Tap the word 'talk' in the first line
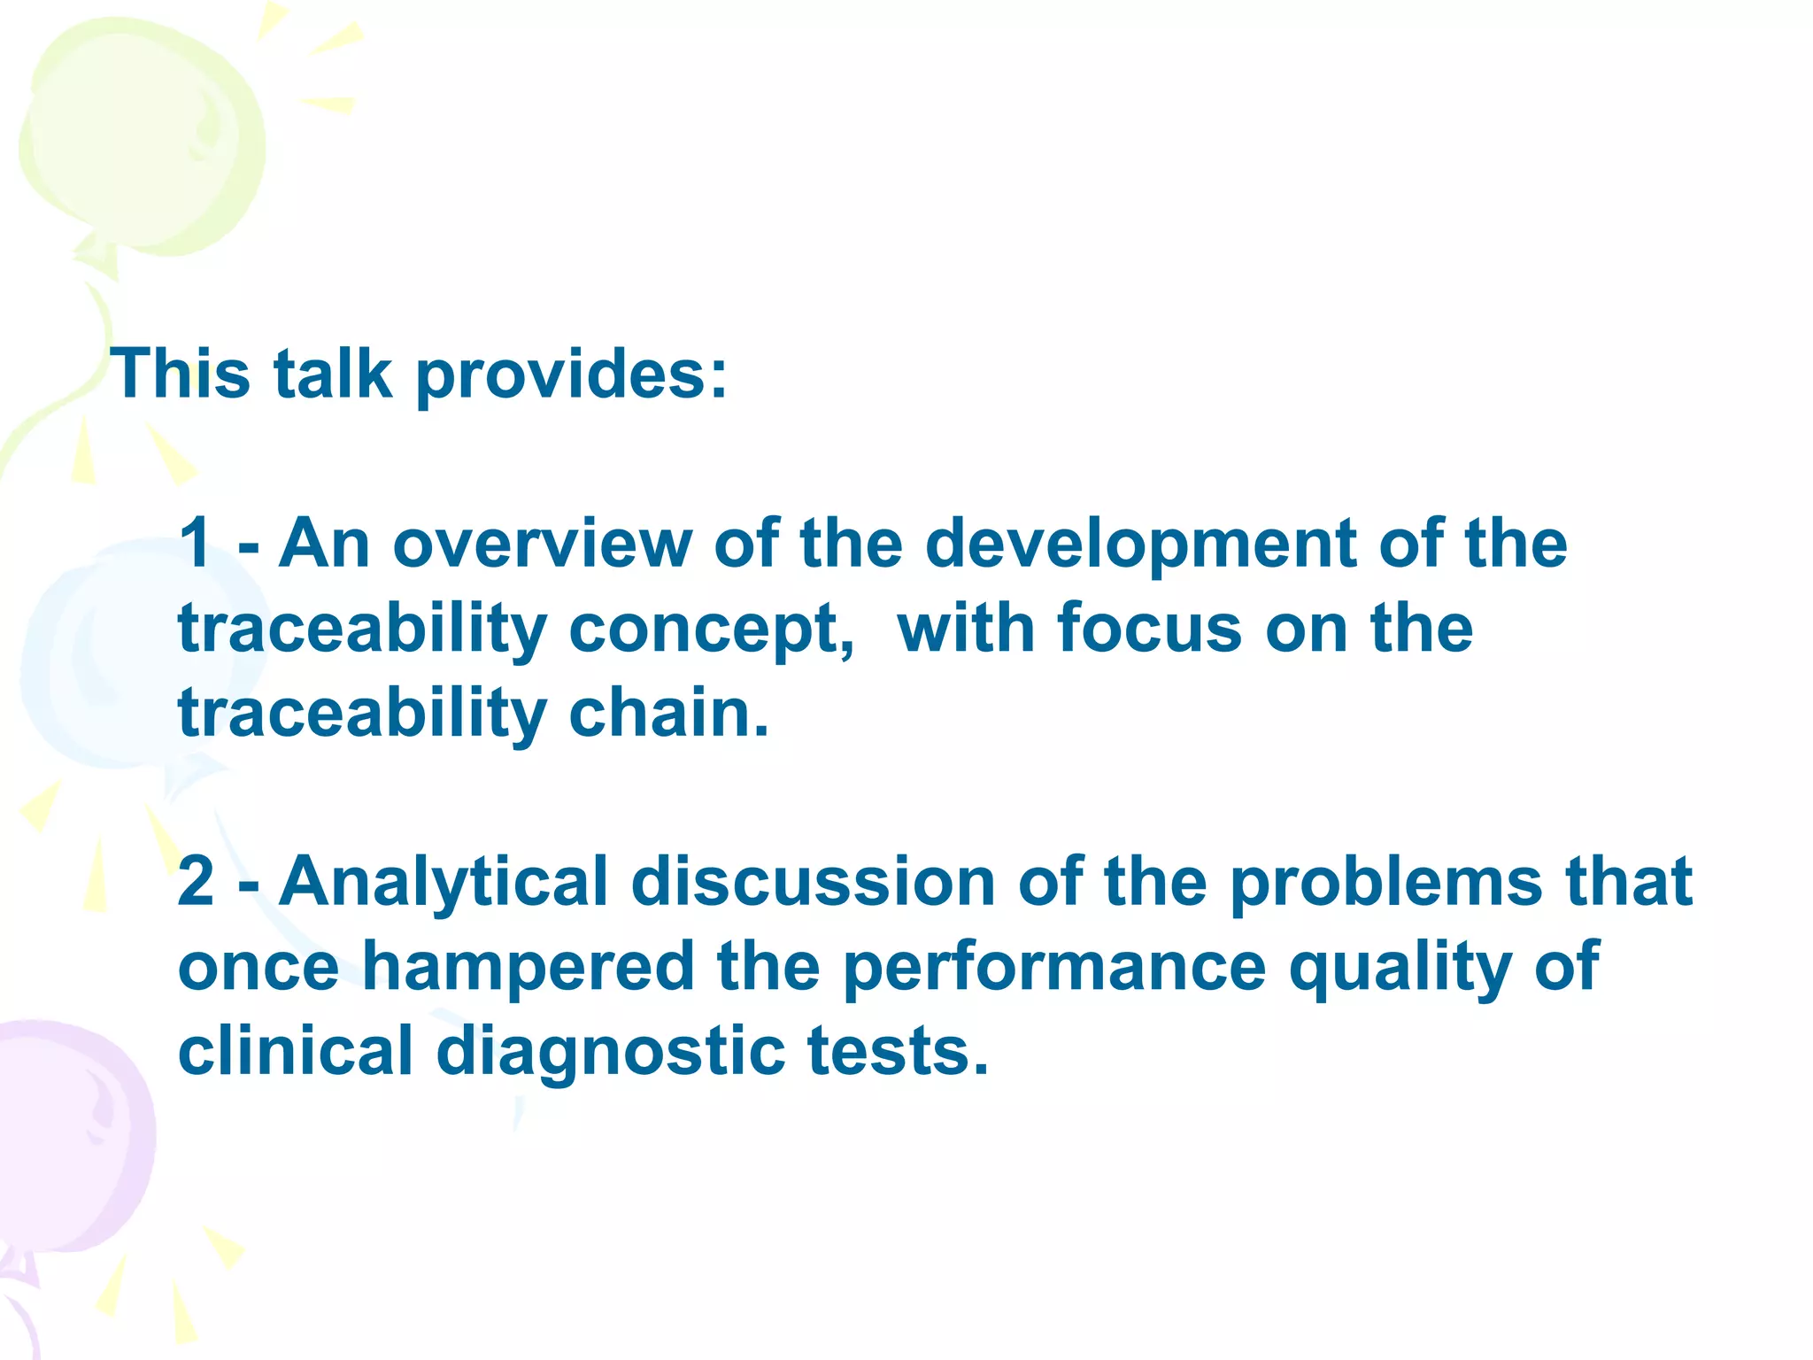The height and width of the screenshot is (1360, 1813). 332,374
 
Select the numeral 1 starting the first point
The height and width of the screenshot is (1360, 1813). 195,544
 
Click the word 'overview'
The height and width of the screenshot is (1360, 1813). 542,544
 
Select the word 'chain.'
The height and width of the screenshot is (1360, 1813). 668,713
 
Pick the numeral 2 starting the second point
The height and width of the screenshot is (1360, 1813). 196,882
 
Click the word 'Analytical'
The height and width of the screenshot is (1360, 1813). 444,884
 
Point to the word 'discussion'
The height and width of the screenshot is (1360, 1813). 813,882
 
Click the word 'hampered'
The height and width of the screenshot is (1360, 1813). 528,968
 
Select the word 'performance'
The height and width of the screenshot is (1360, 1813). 1054,968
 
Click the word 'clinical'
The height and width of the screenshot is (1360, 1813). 296,1051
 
